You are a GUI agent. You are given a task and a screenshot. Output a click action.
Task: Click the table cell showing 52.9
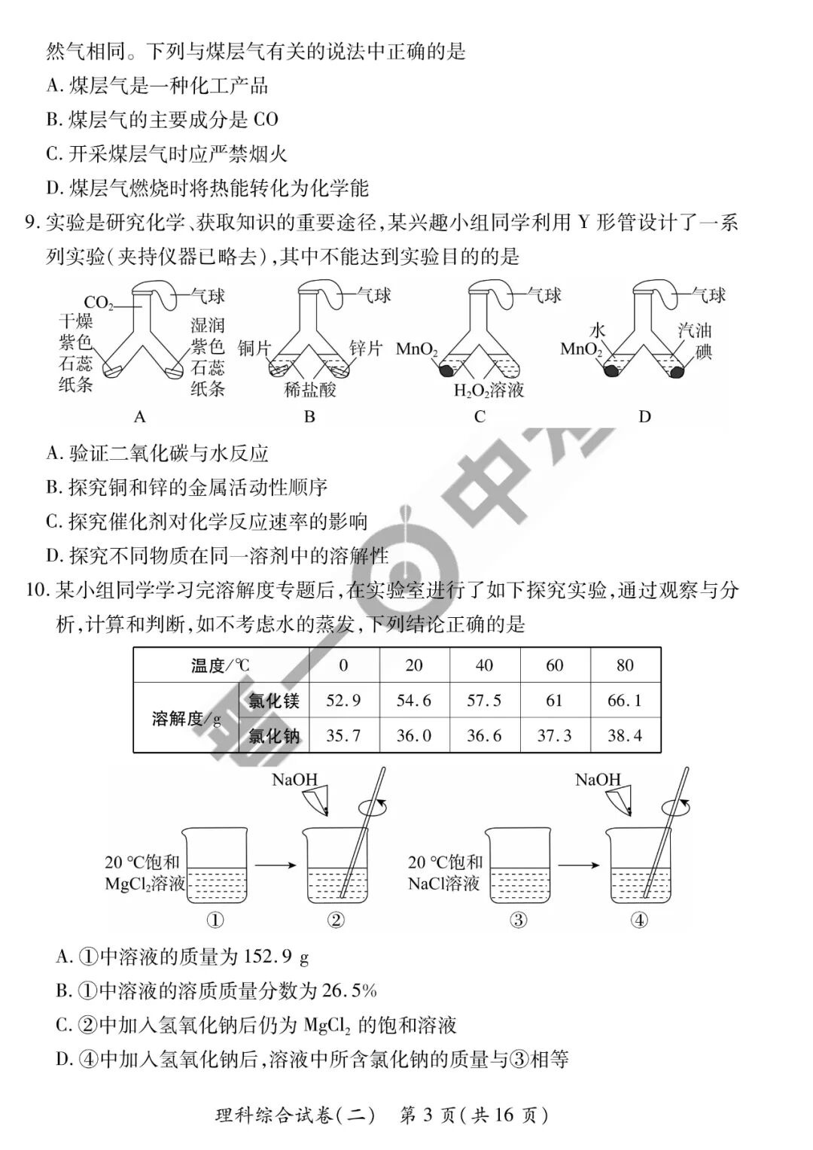[343, 701]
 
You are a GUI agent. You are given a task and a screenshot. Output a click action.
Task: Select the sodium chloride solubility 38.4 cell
[625, 735]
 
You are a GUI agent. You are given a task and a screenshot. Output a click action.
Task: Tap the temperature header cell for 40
[484, 665]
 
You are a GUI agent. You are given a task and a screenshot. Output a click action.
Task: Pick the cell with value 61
[554, 701]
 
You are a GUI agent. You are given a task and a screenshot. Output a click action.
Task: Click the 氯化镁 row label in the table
[274, 701]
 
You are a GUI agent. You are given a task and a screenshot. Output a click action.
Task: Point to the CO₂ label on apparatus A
[99, 304]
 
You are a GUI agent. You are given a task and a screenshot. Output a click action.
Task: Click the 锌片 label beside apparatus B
[366, 348]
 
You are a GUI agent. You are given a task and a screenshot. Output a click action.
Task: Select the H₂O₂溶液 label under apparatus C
[489, 390]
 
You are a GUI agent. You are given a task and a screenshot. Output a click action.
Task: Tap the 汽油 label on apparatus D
[694, 330]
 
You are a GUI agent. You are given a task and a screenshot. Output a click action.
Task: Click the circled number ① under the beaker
[215, 919]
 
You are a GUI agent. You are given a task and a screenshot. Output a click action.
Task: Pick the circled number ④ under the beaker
[638, 919]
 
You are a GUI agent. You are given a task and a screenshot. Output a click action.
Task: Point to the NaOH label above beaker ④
[598, 780]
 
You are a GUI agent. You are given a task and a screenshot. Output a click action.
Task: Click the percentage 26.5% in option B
[349, 990]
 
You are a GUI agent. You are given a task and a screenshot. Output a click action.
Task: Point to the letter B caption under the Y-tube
[309, 416]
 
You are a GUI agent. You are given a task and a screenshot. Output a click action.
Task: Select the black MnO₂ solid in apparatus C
[446, 370]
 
